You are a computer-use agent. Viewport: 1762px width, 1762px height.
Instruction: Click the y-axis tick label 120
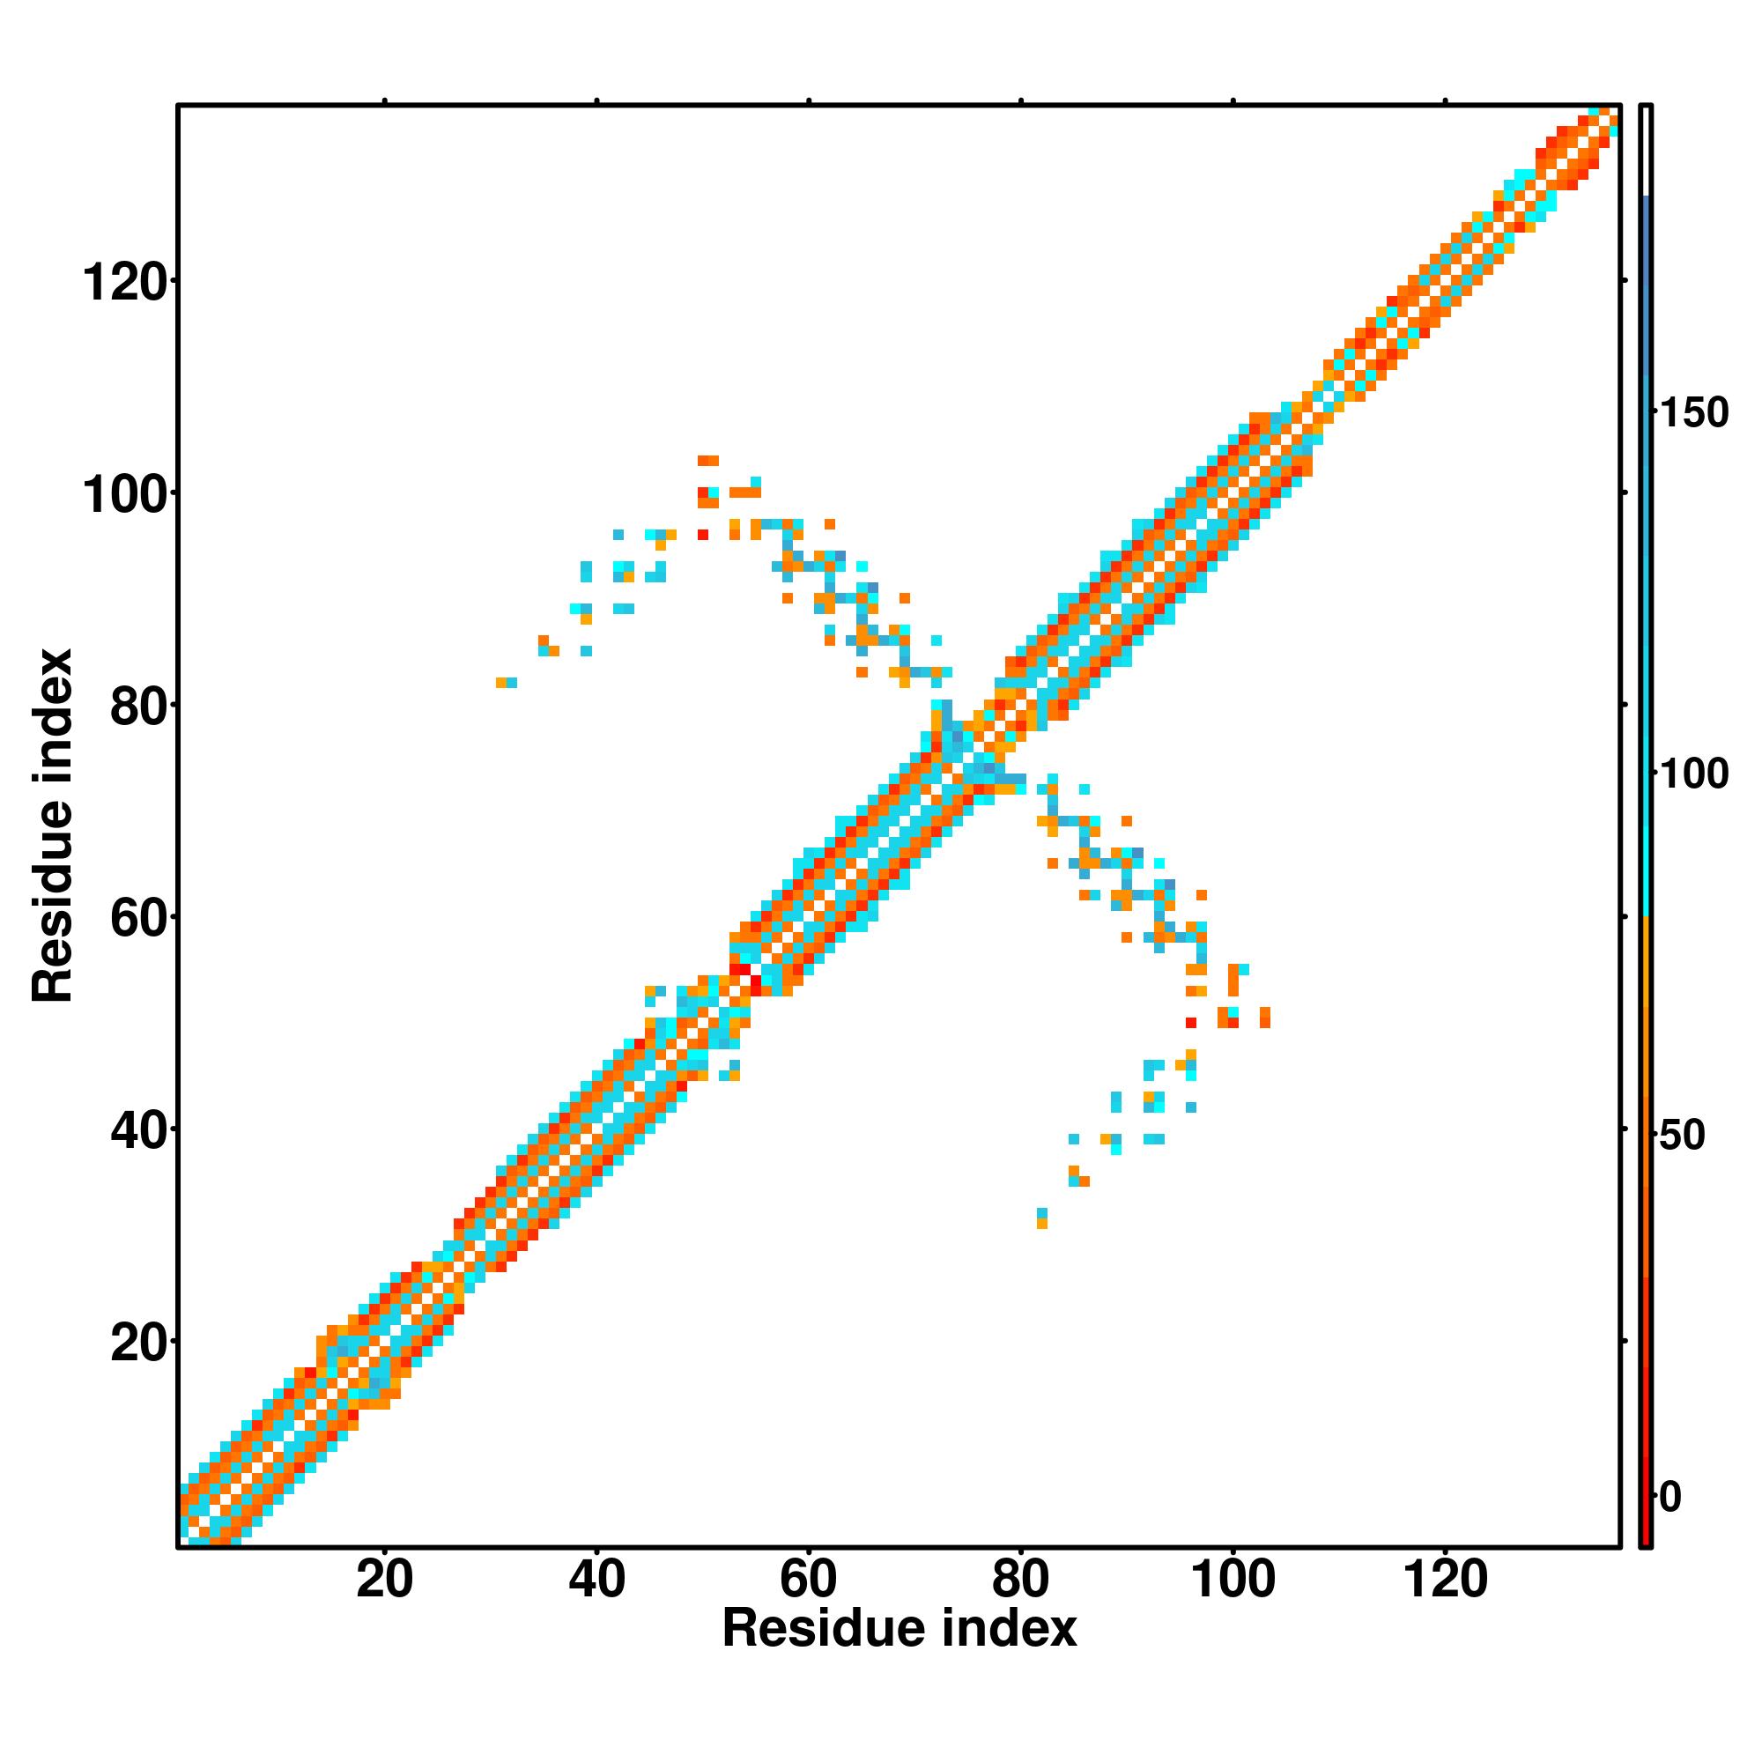point(126,283)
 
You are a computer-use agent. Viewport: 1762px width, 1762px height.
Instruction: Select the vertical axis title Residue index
point(52,825)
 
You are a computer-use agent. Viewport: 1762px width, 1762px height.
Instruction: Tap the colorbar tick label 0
point(1670,1497)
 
